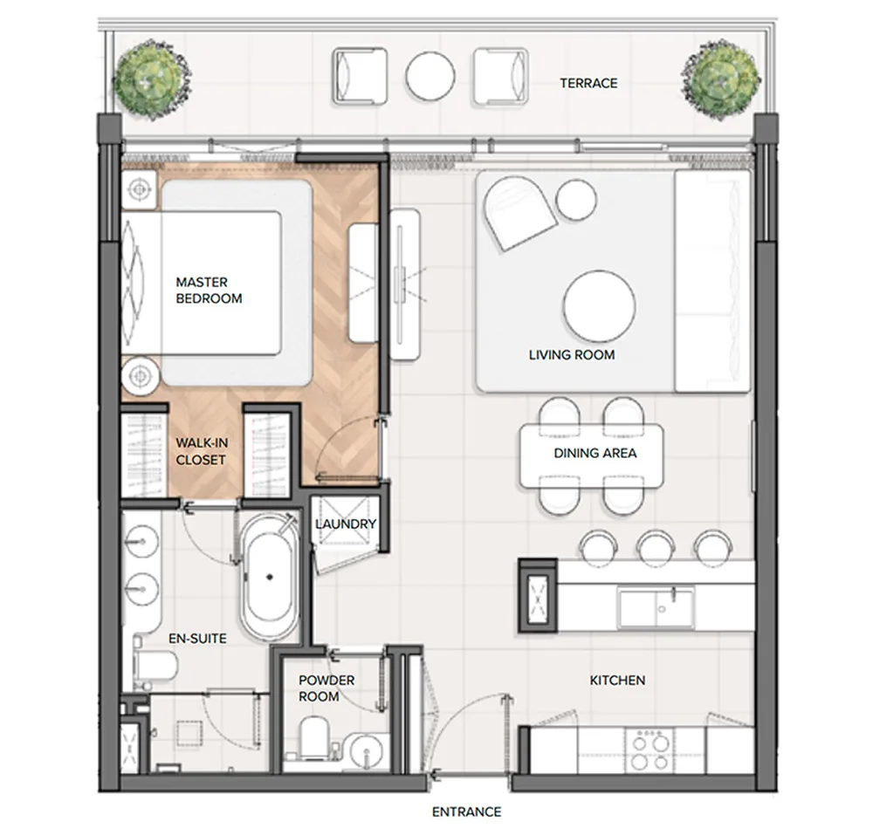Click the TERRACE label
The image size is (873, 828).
tap(588, 84)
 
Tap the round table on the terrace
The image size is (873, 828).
tap(430, 76)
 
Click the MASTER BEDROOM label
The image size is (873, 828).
tap(209, 291)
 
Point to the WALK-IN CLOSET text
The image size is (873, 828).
tap(201, 451)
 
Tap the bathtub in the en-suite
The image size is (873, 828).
tap(270, 578)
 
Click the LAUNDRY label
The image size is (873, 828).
tap(345, 524)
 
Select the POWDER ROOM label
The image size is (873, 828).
tap(327, 688)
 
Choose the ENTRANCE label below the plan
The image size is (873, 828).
tap(466, 812)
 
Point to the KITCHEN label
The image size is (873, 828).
tap(617, 680)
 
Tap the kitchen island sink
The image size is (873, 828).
tap(656, 609)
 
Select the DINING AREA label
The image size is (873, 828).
tap(595, 453)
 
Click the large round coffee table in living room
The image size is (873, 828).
tap(599, 306)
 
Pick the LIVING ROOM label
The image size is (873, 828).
tap(572, 355)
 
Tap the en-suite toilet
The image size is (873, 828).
tap(156, 664)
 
